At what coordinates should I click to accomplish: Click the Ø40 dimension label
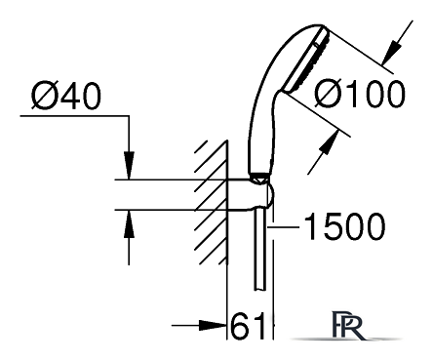click(x=66, y=96)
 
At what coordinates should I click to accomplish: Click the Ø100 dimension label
click(x=360, y=94)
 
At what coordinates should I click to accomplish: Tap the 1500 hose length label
click(x=344, y=226)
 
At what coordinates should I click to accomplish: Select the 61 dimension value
click(x=248, y=326)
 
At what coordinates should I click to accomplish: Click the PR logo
click(x=346, y=326)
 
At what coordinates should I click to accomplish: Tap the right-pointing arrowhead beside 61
click(x=213, y=325)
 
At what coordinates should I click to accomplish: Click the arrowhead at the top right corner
click(x=390, y=52)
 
